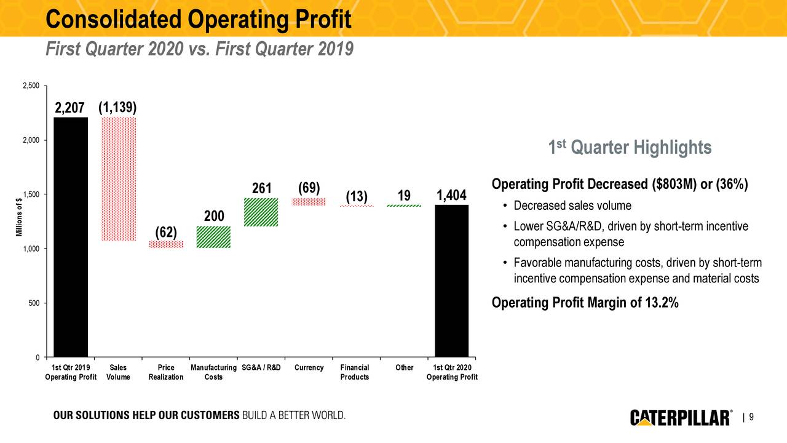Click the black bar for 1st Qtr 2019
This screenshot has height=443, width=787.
pos(71,237)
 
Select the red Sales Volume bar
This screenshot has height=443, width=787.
pos(119,178)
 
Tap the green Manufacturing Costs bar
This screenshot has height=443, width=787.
pos(213,237)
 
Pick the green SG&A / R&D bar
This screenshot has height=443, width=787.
pos(261,212)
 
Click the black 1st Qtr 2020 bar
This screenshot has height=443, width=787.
pos(451,281)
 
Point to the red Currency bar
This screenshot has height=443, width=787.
pos(309,201)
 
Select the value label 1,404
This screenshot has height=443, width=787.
pos(452,196)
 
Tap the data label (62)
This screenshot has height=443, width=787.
pos(166,232)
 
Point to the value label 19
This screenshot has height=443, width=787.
pos(404,196)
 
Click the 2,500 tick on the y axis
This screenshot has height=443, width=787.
pos(31,86)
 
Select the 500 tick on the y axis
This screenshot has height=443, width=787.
pos(34,303)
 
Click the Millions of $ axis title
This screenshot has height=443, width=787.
pos(20,217)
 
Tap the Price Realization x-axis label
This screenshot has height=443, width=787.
pos(166,372)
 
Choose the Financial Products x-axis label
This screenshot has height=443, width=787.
pos(355,372)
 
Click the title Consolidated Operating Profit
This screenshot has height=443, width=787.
pos(198,20)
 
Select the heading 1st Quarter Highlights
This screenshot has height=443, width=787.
pos(630,148)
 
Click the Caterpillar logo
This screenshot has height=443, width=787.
pos(681,418)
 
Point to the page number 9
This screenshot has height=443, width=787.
pos(751,418)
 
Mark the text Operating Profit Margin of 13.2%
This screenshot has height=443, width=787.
pos(585,303)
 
